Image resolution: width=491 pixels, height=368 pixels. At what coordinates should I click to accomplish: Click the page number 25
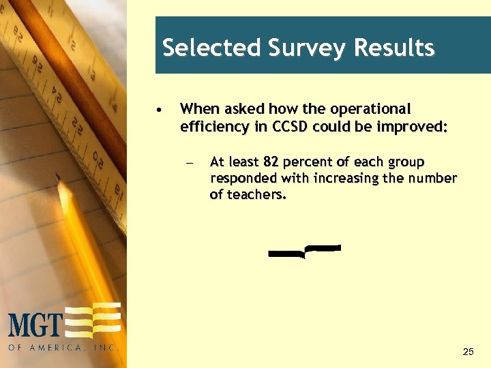pyautogui.click(x=468, y=352)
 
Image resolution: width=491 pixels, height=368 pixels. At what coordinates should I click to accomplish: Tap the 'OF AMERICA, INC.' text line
pyautogui.click(x=64, y=348)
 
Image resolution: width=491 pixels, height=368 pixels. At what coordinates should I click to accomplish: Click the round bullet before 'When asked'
pyautogui.click(x=158, y=109)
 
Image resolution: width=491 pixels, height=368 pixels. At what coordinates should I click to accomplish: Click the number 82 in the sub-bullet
pyautogui.click(x=271, y=162)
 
